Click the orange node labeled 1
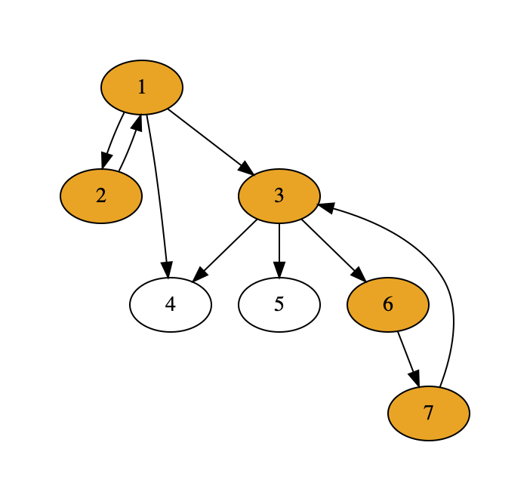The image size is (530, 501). (142, 88)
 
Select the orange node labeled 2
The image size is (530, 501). (101, 196)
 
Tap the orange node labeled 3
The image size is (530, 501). (279, 196)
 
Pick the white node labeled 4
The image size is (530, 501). (171, 305)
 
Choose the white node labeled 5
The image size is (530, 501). (279, 305)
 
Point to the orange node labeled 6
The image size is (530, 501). (388, 305)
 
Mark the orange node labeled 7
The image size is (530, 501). (429, 413)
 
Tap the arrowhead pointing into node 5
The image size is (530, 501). (279, 269)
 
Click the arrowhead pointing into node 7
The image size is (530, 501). (414, 379)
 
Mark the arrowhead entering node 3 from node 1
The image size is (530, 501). (246, 170)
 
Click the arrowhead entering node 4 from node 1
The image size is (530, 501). (167, 269)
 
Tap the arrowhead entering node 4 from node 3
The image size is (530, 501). (199, 276)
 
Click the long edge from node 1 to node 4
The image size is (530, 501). (157, 189)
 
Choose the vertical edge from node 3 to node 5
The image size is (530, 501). (279, 243)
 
